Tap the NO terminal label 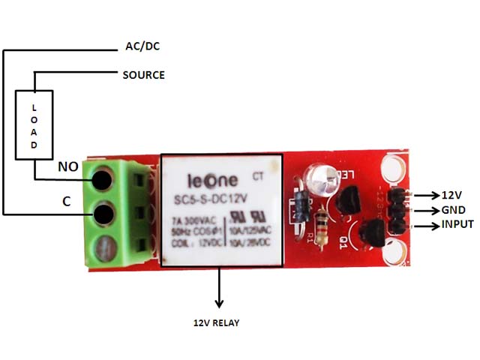(x=70, y=168)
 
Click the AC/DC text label (x=142, y=46)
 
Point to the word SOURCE (x=143, y=75)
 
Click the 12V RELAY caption (x=217, y=322)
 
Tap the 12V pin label (x=451, y=194)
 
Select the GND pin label (x=453, y=210)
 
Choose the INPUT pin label (x=457, y=225)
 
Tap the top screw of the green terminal (x=103, y=179)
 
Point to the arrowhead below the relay (x=219, y=302)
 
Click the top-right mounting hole (x=396, y=163)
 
